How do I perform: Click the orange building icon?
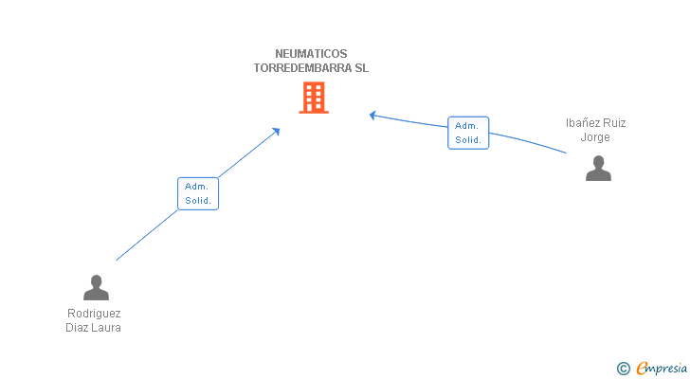click(x=314, y=98)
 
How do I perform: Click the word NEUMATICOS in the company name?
click(x=311, y=54)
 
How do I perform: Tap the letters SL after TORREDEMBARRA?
click(x=362, y=68)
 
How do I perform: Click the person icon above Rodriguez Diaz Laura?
click(x=96, y=287)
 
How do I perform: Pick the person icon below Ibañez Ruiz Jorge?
click(x=598, y=168)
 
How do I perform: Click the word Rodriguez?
click(x=94, y=314)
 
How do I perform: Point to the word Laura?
click(x=106, y=328)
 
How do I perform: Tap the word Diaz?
click(x=77, y=328)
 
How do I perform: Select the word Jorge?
click(x=595, y=137)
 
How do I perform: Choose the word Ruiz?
click(x=614, y=123)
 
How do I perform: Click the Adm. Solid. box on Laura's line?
click(x=198, y=193)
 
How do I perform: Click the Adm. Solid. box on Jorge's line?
click(x=468, y=133)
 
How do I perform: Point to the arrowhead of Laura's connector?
click(x=277, y=131)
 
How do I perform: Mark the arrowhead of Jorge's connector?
click(x=372, y=116)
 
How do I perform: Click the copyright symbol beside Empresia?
click(x=623, y=369)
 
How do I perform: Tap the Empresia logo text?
click(x=662, y=369)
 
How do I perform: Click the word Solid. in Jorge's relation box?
click(x=468, y=140)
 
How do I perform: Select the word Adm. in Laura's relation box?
click(x=196, y=187)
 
